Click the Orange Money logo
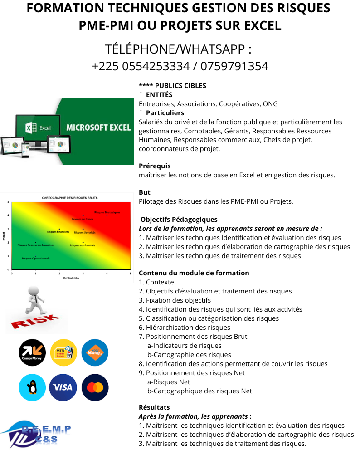(32, 352)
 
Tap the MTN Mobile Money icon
(63, 352)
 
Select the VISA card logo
(63, 387)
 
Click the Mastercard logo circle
(95, 387)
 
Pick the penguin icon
(32, 387)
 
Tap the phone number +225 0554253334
(141, 66)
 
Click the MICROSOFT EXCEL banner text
(98, 127)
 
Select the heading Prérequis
(155, 166)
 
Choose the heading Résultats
(154, 407)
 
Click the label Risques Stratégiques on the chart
(107, 212)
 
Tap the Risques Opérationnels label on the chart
(36, 258)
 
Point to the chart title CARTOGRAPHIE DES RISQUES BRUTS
(69, 198)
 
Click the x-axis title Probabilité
(71, 278)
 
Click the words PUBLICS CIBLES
(180, 85)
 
